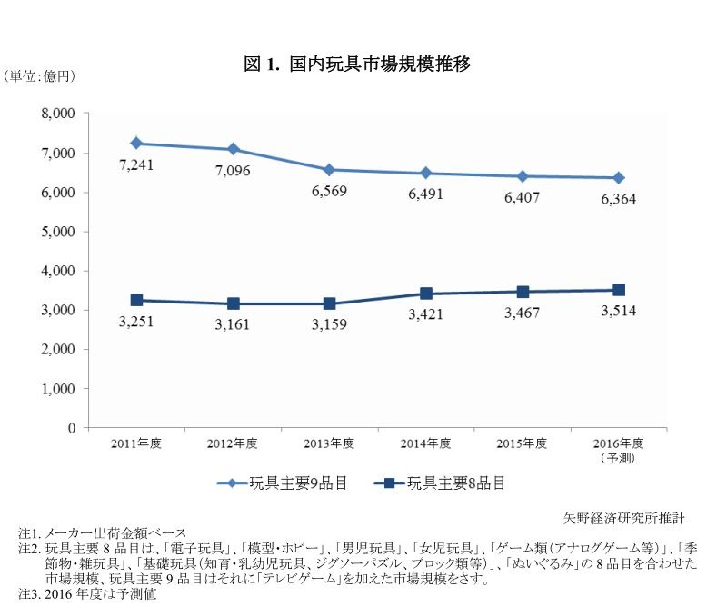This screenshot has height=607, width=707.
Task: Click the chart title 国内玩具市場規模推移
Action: point(356,65)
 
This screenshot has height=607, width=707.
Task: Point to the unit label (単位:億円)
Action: point(39,76)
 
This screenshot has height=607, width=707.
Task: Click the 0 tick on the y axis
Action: point(71,427)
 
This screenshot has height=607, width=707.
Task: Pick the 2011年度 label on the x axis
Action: point(136,444)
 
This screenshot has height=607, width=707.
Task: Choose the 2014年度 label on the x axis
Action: point(426,444)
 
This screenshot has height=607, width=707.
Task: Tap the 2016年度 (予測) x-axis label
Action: point(619,450)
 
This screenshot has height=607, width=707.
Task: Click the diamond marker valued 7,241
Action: point(136,143)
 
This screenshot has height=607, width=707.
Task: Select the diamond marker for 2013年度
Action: point(329,170)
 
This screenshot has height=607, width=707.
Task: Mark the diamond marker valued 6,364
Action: point(619,178)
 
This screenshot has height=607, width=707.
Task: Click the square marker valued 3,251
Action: point(136,300)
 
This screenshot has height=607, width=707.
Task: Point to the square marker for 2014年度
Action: point(426,294)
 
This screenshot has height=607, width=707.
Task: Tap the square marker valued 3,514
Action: point(619,290)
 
